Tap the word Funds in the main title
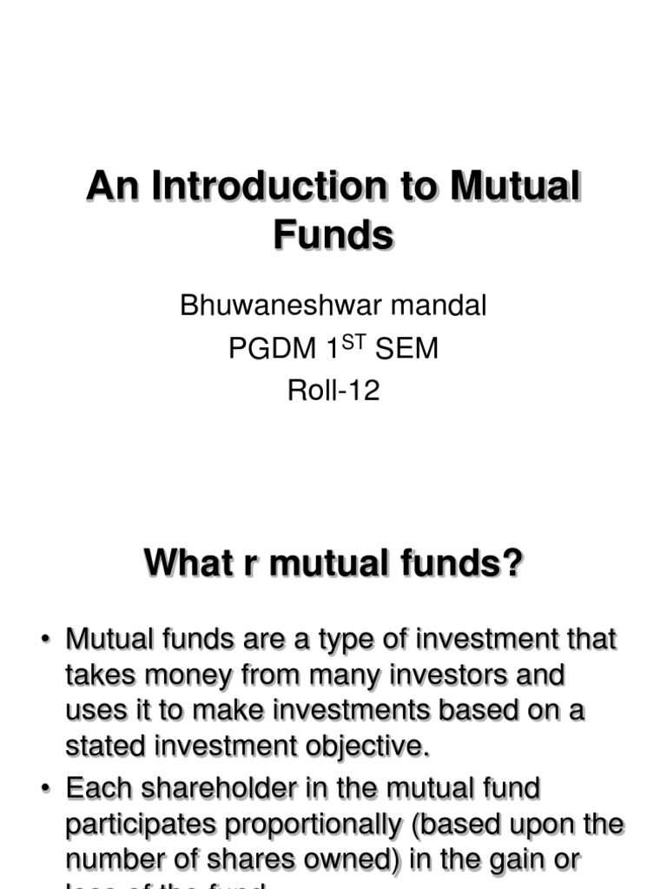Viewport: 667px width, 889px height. click(333, 234)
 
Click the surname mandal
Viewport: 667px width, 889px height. click(443, 306)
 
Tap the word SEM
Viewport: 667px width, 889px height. click(407, 349)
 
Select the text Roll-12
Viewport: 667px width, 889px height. click(333, 392)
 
